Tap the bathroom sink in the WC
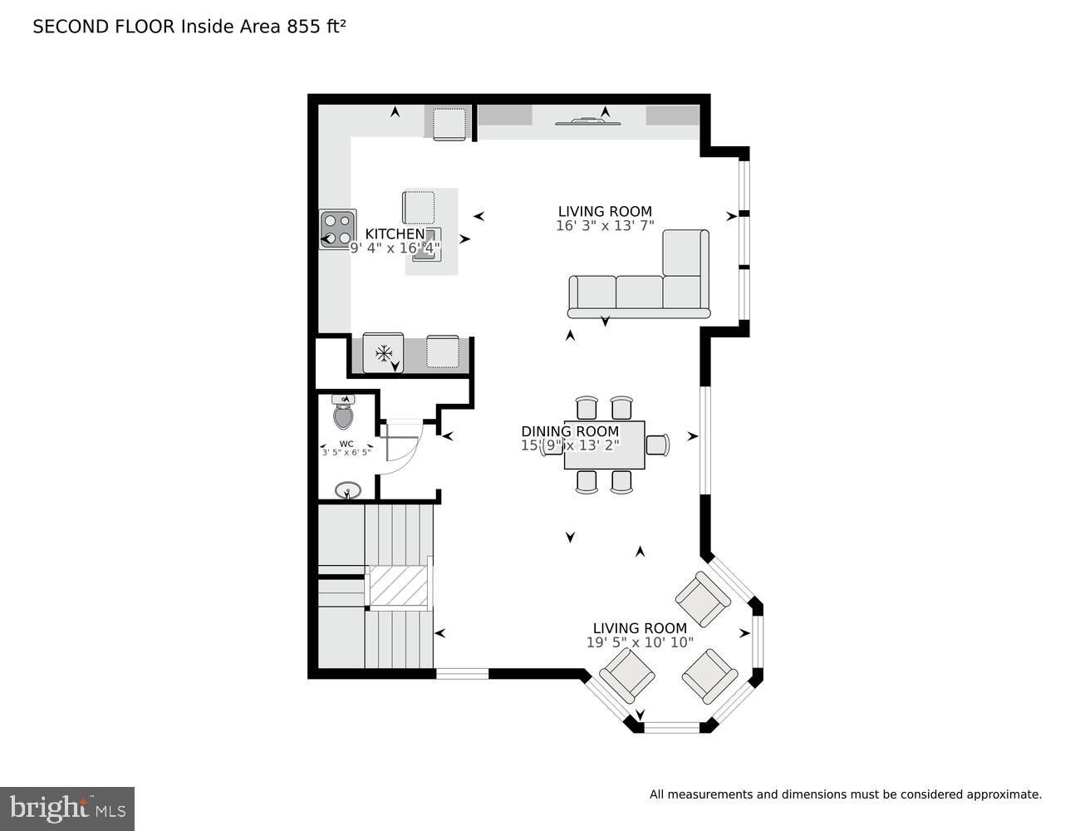point(348,490)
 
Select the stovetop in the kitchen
point(337,229)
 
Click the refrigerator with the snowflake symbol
point(383,352)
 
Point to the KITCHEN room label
point(395,234)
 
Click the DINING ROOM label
point(570,430)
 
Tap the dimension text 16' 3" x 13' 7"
point(605,225)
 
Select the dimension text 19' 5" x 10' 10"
point(640,642)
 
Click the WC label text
point(346,444)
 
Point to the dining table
point(604,445)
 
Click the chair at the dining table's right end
point(658,445)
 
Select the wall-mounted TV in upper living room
point(587,121)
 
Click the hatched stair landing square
point(398,586)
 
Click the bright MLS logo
point(67,809)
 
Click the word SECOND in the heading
point(71,27)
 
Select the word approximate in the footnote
point(1004,795)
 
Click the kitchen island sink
point(426,245)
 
